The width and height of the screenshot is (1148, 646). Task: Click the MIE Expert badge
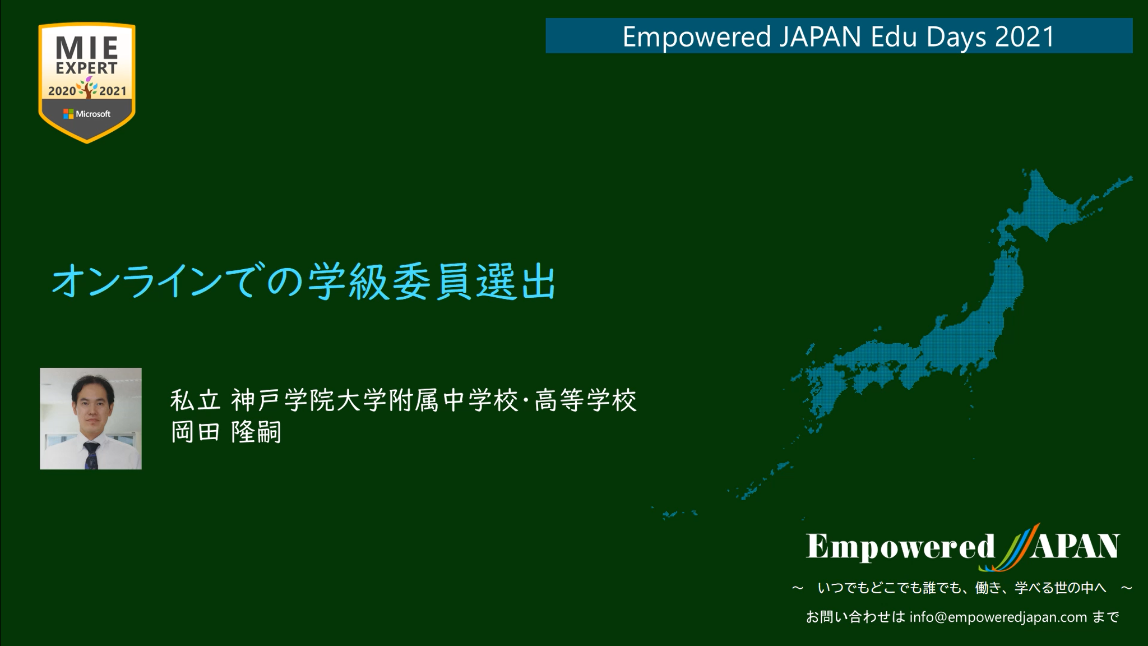point(87,82)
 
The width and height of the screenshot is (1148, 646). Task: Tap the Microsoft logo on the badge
point(87,114)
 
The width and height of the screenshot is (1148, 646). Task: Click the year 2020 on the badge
point(61,91)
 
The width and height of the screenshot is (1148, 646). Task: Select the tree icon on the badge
point(87,88)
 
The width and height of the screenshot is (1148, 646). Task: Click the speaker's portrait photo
point(91,418)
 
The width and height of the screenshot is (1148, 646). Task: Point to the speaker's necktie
point(91,455)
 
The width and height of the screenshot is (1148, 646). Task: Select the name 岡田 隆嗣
point(225,432)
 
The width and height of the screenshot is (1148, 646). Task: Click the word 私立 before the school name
point(195,400)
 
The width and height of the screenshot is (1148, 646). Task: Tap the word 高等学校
point(586,400)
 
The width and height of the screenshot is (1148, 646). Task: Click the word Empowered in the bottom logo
point(900,546)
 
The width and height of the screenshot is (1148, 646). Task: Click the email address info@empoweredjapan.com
point(998,617)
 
